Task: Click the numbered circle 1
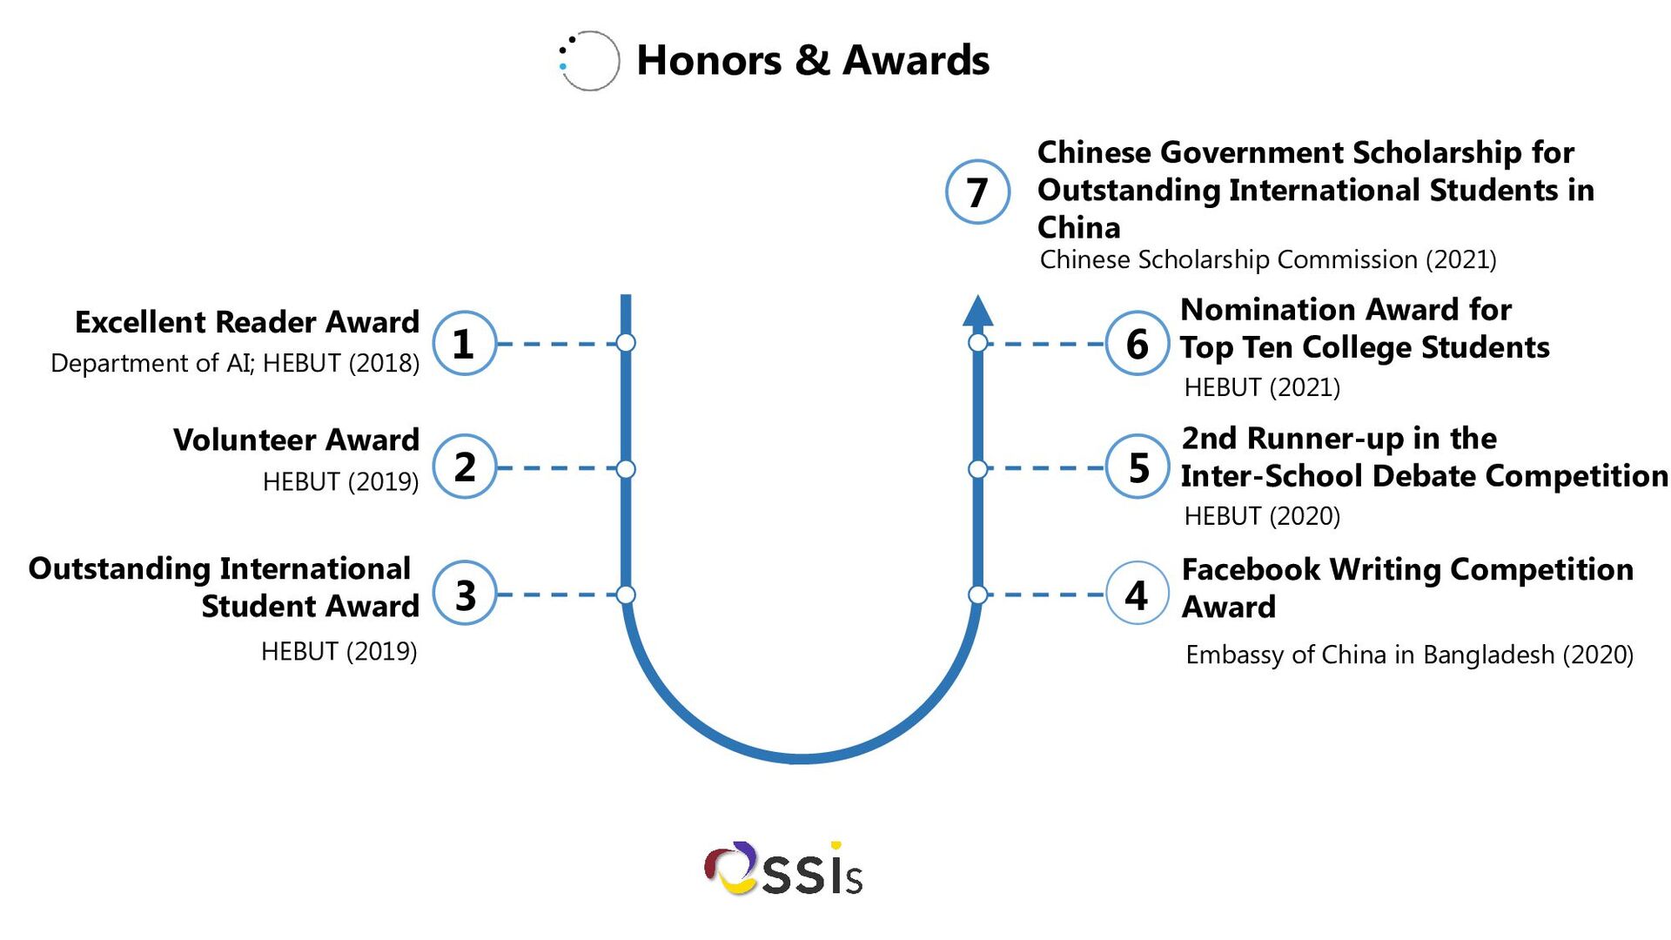pos(464,343)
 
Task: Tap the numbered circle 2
pos(464,467)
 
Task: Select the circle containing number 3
pos(464,594)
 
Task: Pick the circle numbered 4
pos(1137,594)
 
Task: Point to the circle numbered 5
pos(1137,467)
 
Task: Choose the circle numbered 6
pos(1137,343)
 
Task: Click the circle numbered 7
pos(976,191)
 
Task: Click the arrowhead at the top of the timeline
pos(977,312)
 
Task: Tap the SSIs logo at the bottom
pos(783,869)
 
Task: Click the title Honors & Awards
pos(812,61)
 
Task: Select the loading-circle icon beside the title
pos(588,61)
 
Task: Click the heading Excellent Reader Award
pos(247,322)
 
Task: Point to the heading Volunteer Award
pos(296,440)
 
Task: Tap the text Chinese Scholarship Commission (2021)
pos(1267,259)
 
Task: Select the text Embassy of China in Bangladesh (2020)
pos(1408,655)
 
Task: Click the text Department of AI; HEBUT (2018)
pos(235,363)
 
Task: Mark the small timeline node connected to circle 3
pos(626,594)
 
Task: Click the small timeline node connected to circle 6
pos(977,343)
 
